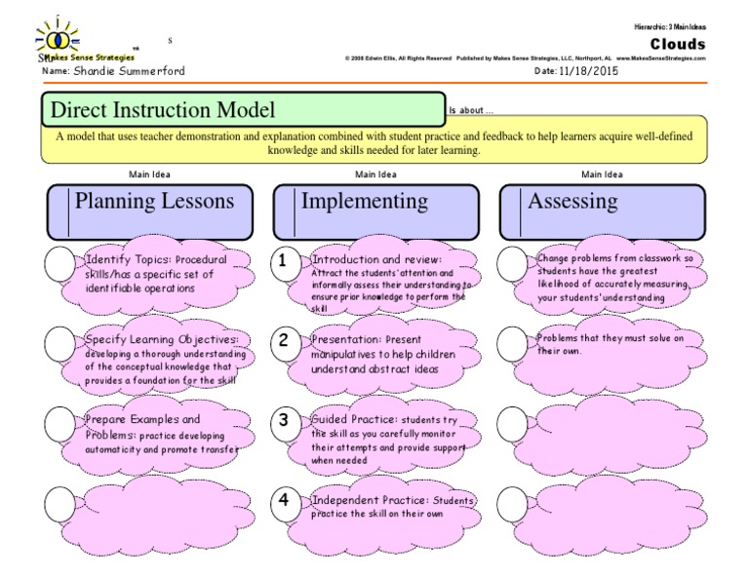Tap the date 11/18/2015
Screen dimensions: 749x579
(589, 71)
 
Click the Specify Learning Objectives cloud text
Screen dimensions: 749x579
(161, 357)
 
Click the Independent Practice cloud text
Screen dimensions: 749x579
(390, 507)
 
